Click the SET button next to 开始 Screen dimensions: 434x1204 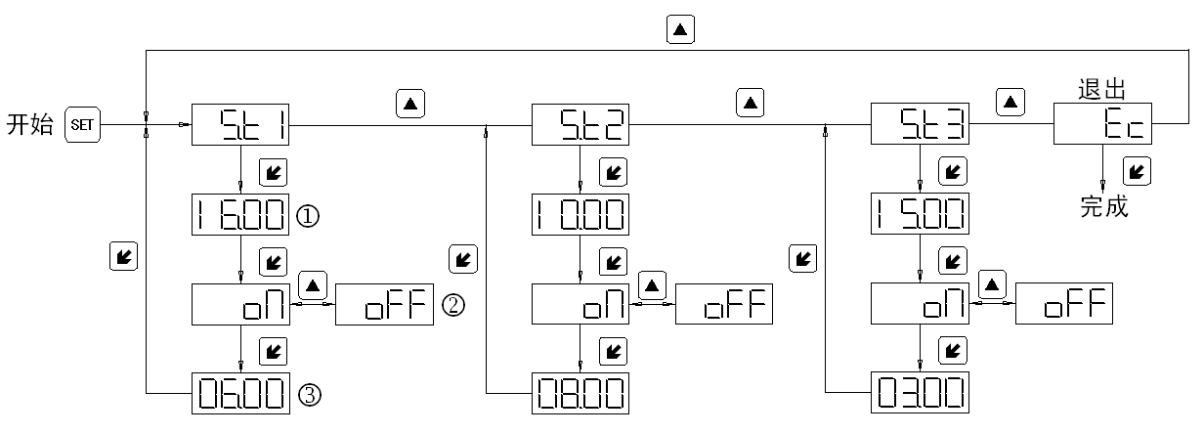point(80,126)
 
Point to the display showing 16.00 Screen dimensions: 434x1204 point(240,216)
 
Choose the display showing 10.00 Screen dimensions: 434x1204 point(580,216)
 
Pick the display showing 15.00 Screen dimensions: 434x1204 point(920,216)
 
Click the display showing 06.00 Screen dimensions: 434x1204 point(240,395)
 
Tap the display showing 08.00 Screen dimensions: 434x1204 point(580,395)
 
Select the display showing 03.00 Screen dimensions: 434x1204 point(920,395)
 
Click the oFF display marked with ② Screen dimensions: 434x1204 point(383,305)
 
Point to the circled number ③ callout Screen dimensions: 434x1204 point(310,395)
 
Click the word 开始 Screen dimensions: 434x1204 point(29,127)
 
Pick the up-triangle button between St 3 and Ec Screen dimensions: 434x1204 point(1010,101)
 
